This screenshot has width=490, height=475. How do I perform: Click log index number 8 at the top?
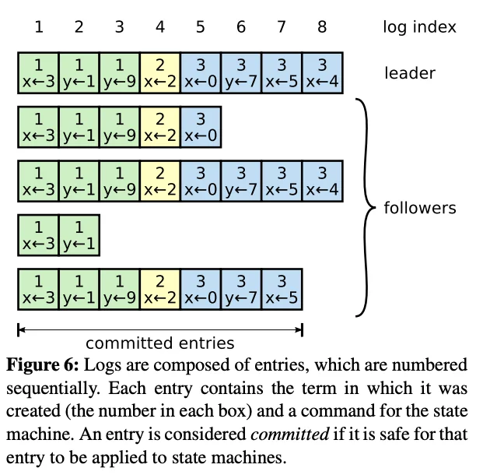[x=321, y=28]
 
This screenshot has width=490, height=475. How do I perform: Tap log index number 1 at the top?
[x=38, y=28]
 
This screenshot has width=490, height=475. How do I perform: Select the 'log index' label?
[x=419, y=28]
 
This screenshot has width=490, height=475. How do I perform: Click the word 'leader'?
[x=409, y=74]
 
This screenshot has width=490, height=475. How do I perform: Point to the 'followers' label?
[x=420, y=209]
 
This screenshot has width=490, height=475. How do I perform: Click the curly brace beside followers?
[x=365, y=208]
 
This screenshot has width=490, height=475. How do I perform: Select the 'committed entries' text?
[x=159, y=343]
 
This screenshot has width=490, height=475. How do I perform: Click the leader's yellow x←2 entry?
[x=159, y=73]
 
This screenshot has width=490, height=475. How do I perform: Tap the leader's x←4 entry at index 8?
[x=321, y=73]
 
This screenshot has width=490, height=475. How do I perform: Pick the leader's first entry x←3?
[x=38, y=73]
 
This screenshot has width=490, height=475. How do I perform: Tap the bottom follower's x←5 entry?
[x=281, y=290]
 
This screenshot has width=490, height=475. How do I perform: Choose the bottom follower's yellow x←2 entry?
[x=159, y=290]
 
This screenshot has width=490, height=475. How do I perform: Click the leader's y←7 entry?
[x=240, y=73]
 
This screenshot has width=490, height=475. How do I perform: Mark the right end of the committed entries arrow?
[x=301, y=330]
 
